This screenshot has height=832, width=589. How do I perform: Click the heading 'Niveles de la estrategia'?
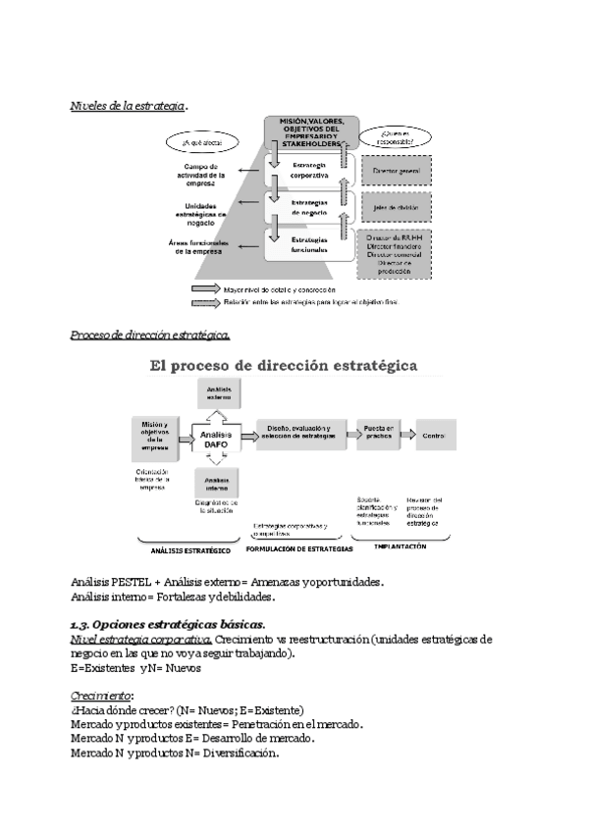[x=128, y=105]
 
